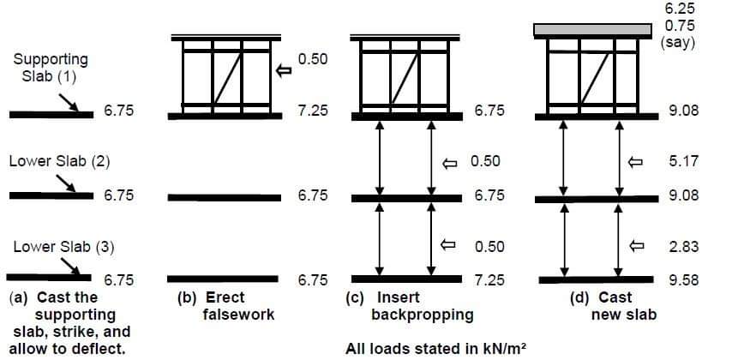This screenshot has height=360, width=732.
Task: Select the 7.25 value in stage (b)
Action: coord(313,112)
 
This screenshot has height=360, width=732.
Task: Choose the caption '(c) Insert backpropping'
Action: coord(415,306)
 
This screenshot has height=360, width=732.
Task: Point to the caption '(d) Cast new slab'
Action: coord(609,306)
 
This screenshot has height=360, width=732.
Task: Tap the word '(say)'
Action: coord(678,41)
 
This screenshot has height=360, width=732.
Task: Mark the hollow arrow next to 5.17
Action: coord(635,161)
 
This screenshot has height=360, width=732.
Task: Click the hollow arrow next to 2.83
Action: coord(635,246)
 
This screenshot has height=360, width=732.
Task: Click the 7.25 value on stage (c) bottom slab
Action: coord(489,279)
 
